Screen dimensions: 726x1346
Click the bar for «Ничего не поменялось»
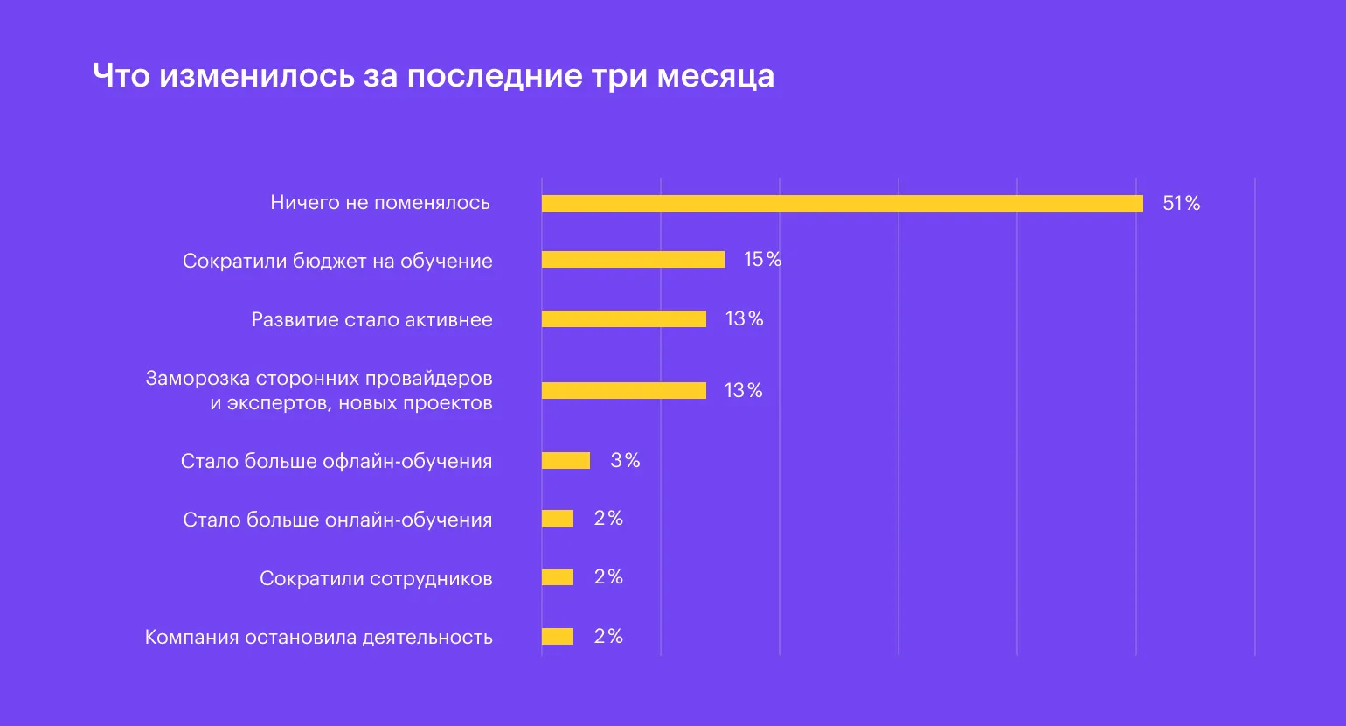click(x=842, y=203)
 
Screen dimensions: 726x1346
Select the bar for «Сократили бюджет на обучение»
click(x=633, y=260)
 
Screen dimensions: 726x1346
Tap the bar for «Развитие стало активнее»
click(x=623, y=319)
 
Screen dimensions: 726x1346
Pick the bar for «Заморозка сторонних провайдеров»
click(x=623, y=390)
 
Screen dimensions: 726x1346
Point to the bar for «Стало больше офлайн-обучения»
click(x=565, y=461)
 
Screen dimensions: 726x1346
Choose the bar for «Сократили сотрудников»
click(x=558, y=577)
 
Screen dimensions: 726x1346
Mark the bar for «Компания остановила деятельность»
click(x=558, y=637)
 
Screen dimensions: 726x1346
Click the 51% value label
click(x=1181, y=204)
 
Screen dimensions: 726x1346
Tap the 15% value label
click(x=762, y=260)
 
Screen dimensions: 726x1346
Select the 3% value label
click(x=625, y=461)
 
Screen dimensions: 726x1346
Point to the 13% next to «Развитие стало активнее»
click(x=744, y=319)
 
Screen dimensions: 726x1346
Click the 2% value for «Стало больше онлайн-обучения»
click(x=608, y=519)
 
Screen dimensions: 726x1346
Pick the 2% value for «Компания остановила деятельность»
click(x=608, y=637)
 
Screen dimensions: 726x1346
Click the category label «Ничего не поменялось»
click(x=380, y=203)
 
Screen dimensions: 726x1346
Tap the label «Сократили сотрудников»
click(x=376, y=578)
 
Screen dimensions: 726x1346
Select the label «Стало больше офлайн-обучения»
click(x=336, y=461)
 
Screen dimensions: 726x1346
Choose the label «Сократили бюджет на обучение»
click(x=337, y=261)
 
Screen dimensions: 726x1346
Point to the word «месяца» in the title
click(x=715, y=76)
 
